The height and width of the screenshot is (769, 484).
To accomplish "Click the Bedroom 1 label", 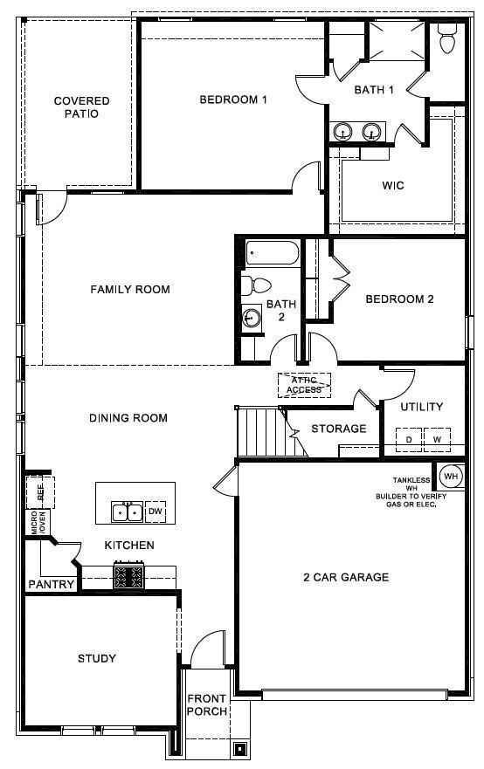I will click(x=233, y=100).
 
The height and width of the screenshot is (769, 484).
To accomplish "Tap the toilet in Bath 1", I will click(x=447, y=40).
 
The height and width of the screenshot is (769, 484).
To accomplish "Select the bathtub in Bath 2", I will click(x=272, y=253).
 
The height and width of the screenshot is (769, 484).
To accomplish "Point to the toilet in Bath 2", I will click(x=254, y=285).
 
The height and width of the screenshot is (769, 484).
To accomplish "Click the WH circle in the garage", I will click(x=450, y=477).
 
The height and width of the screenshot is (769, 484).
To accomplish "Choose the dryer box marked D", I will click(x=409, y=440).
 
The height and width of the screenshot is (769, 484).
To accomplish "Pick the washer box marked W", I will click(x=437, y=440).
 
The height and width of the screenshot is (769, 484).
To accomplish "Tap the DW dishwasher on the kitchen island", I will click(x=156, y=511).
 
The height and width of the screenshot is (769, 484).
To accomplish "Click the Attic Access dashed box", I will click(x=304, y=384).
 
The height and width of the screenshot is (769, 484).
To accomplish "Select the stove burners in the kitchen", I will click(x=129, y=576).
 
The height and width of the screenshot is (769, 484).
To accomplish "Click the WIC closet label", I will click(x=393, y=186).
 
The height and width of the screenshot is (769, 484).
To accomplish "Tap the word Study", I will click(x=96, y=658).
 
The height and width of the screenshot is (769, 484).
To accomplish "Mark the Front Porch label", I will click(x=207, y=705).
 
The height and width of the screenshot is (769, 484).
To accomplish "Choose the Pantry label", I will click(x=51, y=584).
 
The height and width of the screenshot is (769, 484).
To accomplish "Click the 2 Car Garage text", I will click(x=346, y=577).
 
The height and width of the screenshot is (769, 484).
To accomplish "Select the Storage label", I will click(x=339, y=429).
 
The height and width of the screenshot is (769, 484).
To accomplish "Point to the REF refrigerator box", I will click(x=40, y=491).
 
